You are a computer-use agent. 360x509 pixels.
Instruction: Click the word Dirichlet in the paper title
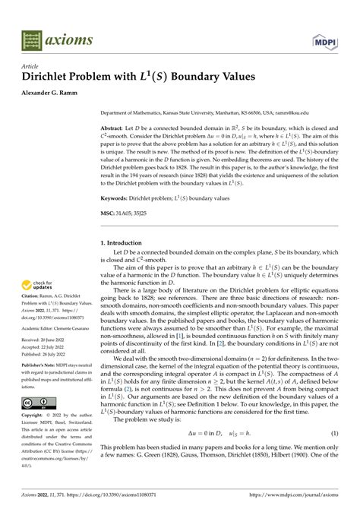45,77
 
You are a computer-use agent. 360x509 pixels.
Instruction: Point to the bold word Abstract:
115,129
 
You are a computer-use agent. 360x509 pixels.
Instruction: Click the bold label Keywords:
118,198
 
